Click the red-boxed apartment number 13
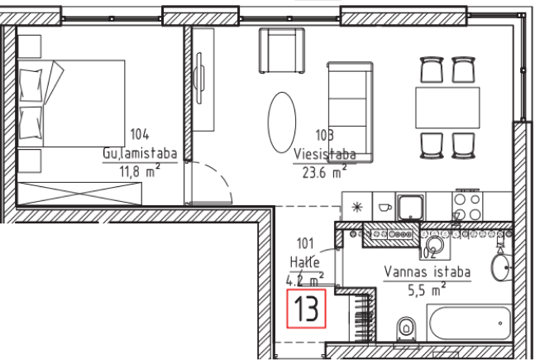point(306,309)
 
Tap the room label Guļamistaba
point(140,154)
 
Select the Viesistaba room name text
point(325,155)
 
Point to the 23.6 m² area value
point(324,172)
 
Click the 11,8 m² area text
point(140,170)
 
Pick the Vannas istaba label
point(428,272)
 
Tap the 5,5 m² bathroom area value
point(427,290)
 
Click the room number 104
point(140,134)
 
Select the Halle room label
point(305,262)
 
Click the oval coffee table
point(282,122)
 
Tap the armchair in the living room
point(282,50)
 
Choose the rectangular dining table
point(447,108)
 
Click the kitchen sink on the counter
point(410,208)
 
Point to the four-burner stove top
point(467,206)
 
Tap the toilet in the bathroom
point(406,329)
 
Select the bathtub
point(470,323)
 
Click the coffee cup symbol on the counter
point(385,207)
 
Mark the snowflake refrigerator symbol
point(357,207)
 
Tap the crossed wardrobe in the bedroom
point(79,194)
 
